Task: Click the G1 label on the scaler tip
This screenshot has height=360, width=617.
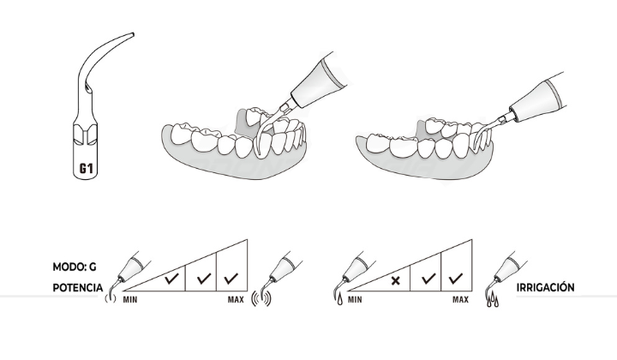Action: tap(87, 168)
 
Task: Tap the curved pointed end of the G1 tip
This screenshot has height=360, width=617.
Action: tap(133, 34)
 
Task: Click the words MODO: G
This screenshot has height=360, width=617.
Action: tap(75, 267)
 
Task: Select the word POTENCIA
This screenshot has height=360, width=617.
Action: tap(78, 288)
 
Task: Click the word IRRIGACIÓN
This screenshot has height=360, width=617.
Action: tap(545, 287)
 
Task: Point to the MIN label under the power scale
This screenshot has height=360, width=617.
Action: tap(130, 300)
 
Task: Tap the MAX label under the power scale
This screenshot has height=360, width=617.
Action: tap(236, 300)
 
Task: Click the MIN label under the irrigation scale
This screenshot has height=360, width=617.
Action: tap(355, 300)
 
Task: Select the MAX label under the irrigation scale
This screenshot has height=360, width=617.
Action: tap(460, 300)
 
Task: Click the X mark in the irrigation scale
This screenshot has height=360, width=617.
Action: tap(395, 281)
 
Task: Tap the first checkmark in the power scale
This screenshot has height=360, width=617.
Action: tap(171, 279)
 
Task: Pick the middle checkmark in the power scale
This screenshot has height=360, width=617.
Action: tap(204, 279)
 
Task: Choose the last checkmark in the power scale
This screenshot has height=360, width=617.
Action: tap(231, 279)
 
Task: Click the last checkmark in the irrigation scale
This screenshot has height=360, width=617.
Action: tap(455, 279)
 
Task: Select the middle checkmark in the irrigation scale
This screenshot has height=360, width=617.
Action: tap(428, 279)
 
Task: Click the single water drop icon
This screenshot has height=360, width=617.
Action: tap(339, 300)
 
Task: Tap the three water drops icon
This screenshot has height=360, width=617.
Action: tap(493, 301)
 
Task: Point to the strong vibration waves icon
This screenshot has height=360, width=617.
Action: tap(261, 299)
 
